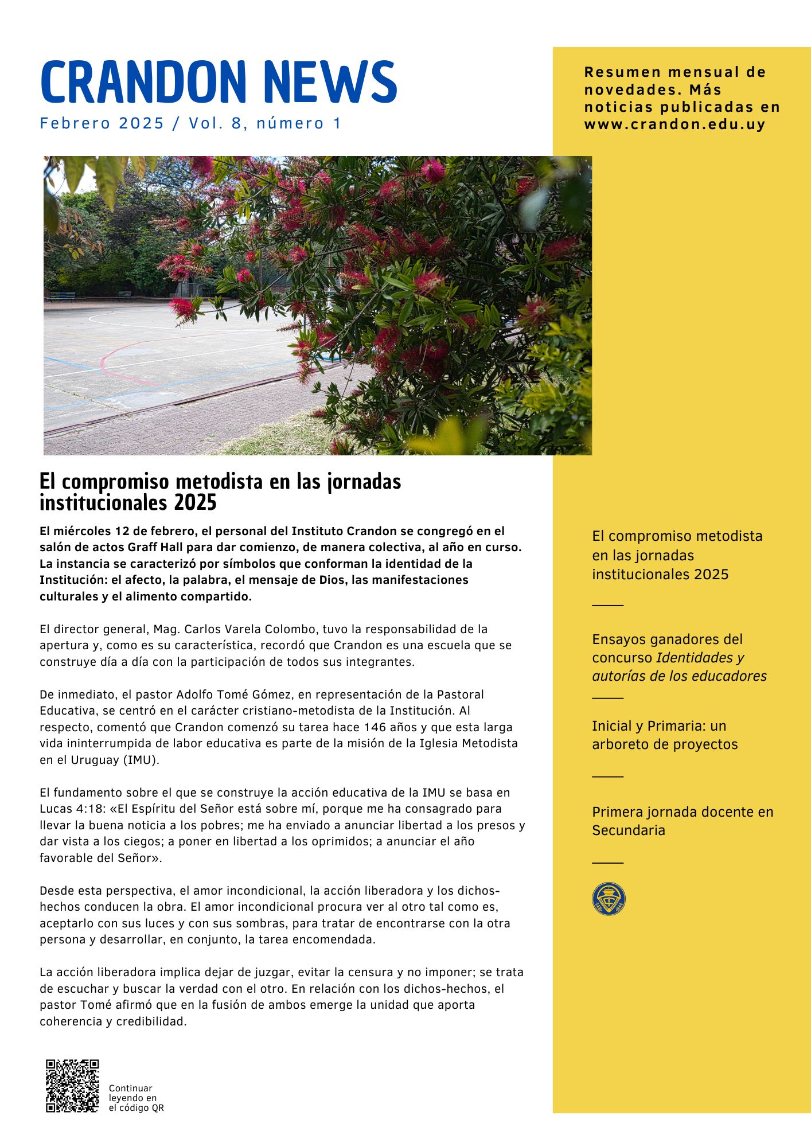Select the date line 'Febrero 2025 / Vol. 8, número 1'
190,123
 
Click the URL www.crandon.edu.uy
674,124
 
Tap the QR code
72,1086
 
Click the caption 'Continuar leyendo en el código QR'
136,1098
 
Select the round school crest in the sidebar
609,899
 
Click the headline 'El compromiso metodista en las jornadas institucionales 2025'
220,491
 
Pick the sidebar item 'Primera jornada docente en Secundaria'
682,821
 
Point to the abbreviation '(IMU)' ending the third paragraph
141,760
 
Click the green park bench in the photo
62,296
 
